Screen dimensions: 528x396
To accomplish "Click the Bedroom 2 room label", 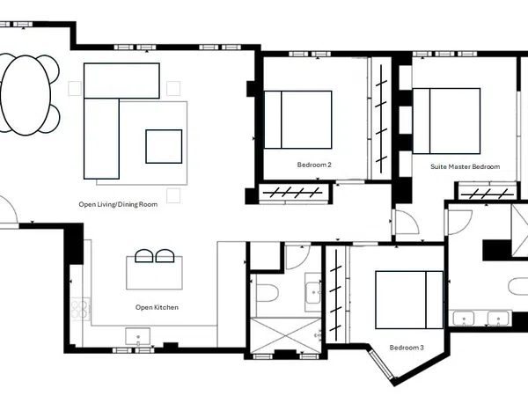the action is point(314,165).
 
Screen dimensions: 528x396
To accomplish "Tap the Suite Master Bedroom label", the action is point(465,166).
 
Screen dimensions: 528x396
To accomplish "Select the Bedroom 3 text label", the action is point(407,348).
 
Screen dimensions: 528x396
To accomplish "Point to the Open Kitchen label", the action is point(157,307).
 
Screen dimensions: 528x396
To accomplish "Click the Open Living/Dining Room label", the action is point(118,204).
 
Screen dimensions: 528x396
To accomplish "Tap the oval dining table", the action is point(26,95).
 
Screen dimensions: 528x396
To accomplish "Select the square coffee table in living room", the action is point(164,146).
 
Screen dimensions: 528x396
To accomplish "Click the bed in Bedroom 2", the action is point(297,120).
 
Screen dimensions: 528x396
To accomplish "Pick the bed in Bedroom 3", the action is point(409,300).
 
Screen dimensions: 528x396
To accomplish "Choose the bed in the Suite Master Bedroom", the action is point(446,121).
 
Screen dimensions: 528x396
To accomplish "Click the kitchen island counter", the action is point(154,273).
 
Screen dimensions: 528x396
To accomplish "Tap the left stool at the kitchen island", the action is point(143,256).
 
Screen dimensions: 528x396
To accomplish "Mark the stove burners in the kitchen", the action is point(80,310).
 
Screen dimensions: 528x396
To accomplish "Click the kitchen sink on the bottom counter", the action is point(138,336).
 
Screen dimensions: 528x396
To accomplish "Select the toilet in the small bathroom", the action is point(267,293).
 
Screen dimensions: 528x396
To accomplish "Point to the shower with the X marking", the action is point(285,335).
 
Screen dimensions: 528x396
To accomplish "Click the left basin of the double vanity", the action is point(464,319).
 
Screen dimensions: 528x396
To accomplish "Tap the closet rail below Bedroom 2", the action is point(293,194).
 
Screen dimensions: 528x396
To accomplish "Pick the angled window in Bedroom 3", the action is point(382,365).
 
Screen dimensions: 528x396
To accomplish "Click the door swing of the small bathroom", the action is point(298,258).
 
